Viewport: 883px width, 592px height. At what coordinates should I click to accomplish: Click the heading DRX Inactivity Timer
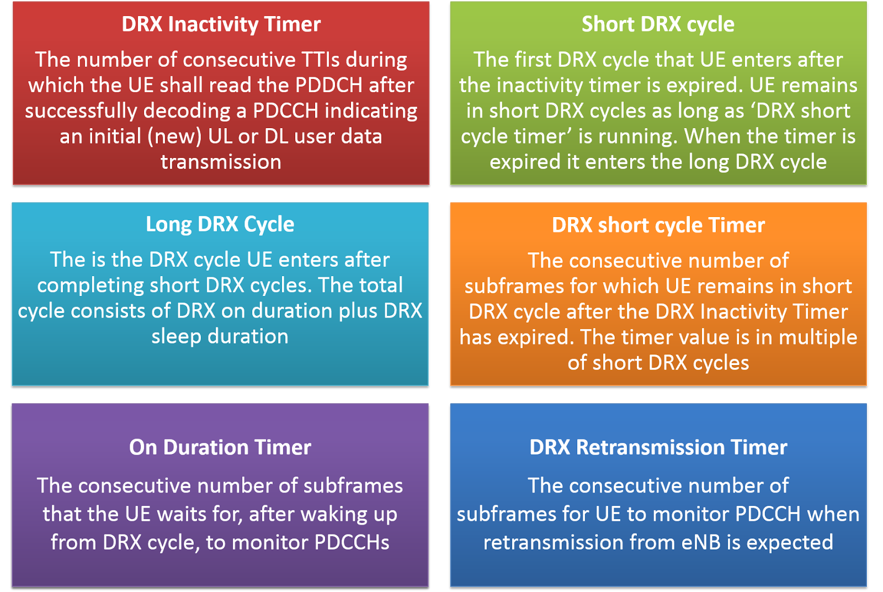(221, 24)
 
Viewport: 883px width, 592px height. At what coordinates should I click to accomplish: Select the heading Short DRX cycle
(658, 24)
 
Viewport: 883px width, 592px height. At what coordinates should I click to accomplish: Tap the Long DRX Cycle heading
(220, 224)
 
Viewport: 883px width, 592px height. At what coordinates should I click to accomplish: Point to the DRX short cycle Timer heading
(658, 225)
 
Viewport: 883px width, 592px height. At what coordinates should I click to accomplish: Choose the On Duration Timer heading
(220, 447)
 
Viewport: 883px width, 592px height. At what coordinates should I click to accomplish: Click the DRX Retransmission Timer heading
(658, 447)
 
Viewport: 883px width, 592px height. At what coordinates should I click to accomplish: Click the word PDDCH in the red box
(329, 86)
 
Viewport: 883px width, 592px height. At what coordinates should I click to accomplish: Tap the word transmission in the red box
(221, 162)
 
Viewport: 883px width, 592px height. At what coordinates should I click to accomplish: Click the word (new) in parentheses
(174, 136)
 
